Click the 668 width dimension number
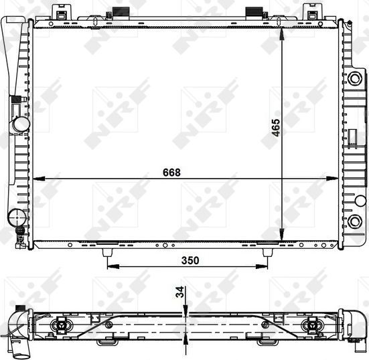tap(171, 172)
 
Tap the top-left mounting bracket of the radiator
tap(62, 11)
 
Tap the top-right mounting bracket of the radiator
tap(312, 11)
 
